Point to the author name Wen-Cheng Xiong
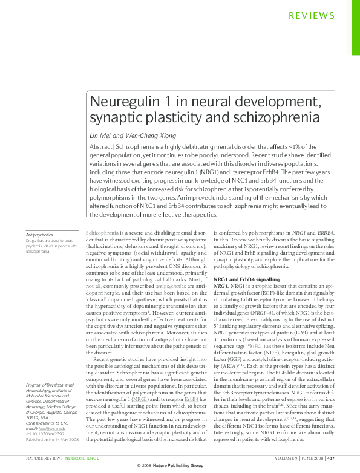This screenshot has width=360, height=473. pyautogui.click(x=146, y=135)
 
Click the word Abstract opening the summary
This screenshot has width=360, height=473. pyautogui.click(x=101, y=148)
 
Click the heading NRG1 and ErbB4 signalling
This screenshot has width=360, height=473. pyautogui.click(x=249, y=279)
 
